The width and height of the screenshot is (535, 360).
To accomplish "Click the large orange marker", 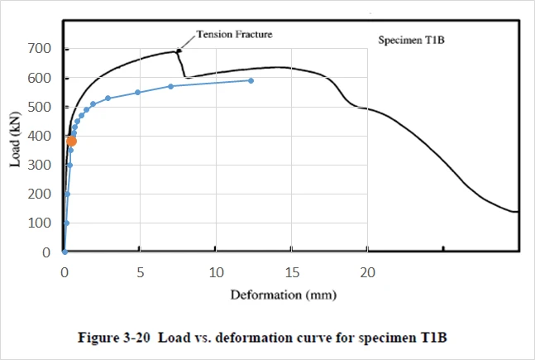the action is click(72, 141).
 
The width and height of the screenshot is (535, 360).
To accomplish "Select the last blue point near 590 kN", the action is click(251, 80).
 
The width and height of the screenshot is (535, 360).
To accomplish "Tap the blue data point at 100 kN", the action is click(66, 223).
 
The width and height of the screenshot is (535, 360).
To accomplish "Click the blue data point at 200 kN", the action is click(68, 194).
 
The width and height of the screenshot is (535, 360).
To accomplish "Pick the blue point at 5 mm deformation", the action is click(138, 92).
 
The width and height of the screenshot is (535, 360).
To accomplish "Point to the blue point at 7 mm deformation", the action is click(171, 86).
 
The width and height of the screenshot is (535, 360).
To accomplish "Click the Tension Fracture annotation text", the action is click(234, 34).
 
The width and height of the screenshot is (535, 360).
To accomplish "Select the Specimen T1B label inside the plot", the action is click(411, 40).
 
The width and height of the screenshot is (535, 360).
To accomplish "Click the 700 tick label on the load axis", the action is click(39, 49).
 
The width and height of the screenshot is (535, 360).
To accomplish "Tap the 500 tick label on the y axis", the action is click(39, 107).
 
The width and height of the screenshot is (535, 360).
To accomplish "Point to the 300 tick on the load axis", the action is click(39, 165).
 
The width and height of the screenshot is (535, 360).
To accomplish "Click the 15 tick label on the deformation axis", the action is click(292, 272).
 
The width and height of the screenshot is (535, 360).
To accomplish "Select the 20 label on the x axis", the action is click(367, 272).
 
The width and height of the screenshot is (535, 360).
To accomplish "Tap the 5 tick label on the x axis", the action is click(141, 272).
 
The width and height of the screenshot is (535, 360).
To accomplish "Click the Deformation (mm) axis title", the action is click(283, 295).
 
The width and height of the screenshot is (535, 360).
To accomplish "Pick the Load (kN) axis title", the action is click(15, 139).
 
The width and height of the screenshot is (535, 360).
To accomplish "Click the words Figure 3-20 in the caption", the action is click(114, 338).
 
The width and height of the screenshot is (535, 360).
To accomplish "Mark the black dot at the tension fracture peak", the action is click(179, 50).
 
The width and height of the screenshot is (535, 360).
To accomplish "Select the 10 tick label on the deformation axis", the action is click(216, 272).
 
